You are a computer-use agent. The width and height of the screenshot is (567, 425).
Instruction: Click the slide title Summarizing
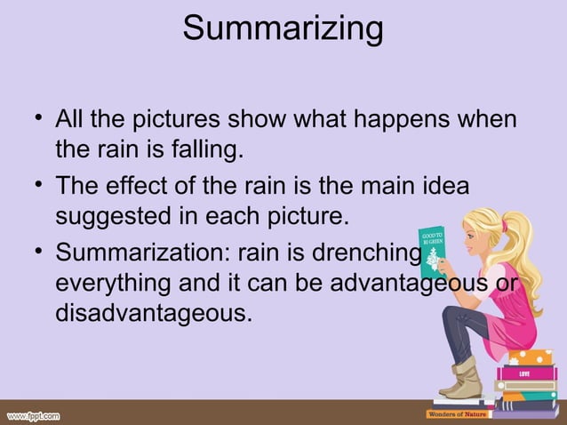point(283,28)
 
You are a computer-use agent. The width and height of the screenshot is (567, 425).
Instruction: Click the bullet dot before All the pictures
point(35,116)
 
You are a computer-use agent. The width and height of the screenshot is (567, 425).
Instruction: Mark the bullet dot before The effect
point(35,184)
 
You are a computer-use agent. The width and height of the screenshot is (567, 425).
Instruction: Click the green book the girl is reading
point(433,251)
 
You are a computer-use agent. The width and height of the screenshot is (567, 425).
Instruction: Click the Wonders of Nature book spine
point(458,413)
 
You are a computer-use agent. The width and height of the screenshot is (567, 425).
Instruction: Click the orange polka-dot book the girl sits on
point(531,357)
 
